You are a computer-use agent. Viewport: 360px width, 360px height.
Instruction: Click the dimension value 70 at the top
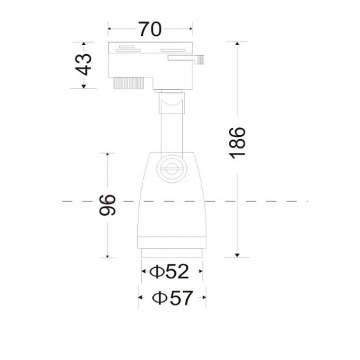pos(150,29)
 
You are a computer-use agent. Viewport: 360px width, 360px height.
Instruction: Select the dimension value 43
pos(84,64)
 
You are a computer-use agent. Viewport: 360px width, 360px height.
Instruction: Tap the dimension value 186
pos(237,143)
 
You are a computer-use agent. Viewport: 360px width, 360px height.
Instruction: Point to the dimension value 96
pos(107,205)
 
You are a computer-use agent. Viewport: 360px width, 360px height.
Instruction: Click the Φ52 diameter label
pos(170,271)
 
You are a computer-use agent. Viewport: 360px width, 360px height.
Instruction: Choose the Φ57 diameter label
pos(172,298)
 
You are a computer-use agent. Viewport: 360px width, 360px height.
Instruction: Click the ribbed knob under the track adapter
pos(129,83)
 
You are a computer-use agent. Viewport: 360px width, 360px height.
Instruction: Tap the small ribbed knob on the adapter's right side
pos(200,60)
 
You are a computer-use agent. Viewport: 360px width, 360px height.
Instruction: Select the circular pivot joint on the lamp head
pos(172,169)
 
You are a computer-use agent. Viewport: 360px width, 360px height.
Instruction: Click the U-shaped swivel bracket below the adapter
pos(172,103)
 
